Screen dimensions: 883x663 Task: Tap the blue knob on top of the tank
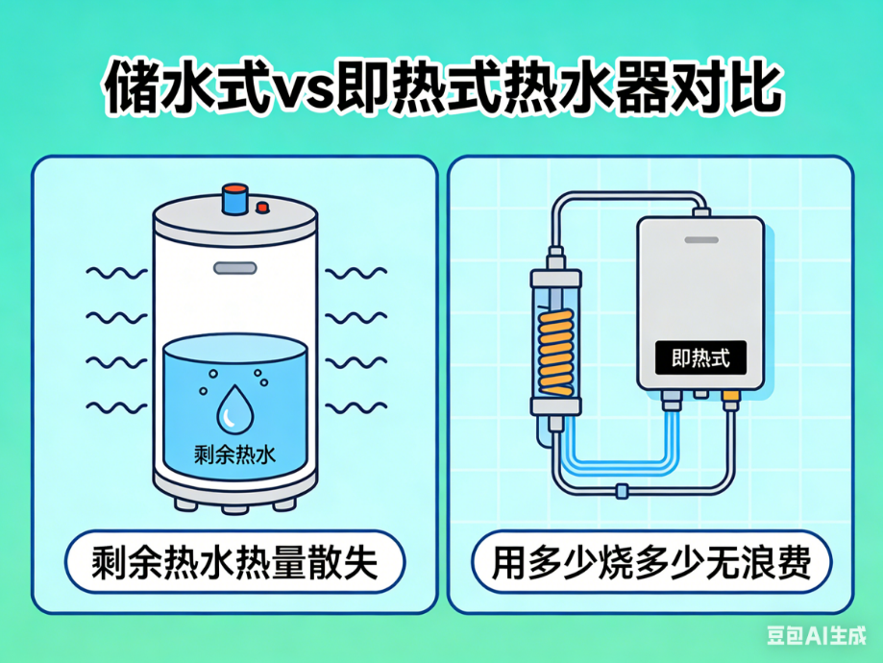pos(234,198)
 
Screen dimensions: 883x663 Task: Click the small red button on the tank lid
pos(262,207)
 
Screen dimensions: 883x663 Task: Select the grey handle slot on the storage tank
pos(234,268)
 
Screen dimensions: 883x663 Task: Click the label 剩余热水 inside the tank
pos(234,454)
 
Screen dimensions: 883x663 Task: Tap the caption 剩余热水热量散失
pos(234,561)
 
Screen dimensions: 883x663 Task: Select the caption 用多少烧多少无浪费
pos(651,561)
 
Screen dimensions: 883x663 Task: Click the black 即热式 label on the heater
pos(700,357)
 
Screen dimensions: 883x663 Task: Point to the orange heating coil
pos(555,352)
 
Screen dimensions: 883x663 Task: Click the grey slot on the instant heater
pos(701,240)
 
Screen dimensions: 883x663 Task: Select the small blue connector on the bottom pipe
pos(622,491)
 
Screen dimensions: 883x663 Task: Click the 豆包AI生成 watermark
pos(816,635)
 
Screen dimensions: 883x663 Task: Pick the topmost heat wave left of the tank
pos(116,273)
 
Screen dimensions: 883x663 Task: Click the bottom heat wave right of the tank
pos(356,406)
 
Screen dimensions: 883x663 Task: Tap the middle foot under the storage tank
pos(234,507)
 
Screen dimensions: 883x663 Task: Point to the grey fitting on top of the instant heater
pos(701,212)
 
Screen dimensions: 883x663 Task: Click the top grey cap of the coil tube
pos(555,277)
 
